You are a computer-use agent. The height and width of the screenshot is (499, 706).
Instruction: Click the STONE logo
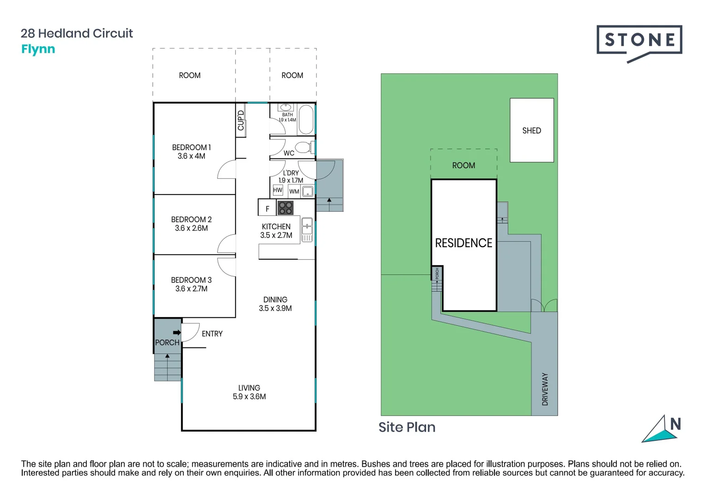639,41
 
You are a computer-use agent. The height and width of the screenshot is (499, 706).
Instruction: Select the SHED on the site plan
531,130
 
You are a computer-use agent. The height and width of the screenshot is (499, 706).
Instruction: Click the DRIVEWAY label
545,389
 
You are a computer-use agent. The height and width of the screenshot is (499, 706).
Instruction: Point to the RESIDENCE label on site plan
463,243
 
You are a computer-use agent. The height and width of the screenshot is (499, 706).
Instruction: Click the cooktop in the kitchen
286,208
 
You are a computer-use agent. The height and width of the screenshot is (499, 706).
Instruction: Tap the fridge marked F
267,209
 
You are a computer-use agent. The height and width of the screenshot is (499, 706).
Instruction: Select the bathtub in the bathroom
306,120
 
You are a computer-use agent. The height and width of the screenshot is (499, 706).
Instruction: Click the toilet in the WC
303,147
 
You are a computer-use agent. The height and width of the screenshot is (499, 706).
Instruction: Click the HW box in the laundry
277,190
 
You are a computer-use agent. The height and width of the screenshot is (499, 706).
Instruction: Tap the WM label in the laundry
294,191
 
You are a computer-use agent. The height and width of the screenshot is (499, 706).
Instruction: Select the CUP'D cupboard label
241,120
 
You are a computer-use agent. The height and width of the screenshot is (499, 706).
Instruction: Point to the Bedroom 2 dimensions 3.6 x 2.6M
191,228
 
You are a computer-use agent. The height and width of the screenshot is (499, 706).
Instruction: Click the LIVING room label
249,388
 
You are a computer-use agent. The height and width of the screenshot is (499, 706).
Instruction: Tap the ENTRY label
212,334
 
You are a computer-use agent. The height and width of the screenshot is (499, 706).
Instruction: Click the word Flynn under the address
38,49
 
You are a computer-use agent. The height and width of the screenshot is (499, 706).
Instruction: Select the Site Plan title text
407,427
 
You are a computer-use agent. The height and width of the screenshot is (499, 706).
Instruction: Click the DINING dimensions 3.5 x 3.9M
275,308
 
